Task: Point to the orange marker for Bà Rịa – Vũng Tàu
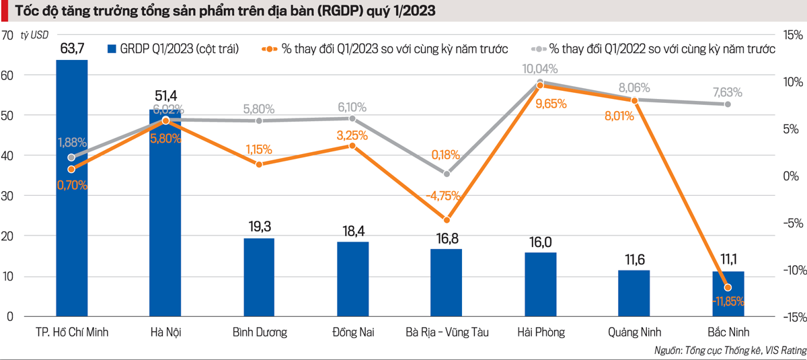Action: pos(447,219)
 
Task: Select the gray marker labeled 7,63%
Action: pos(728,104)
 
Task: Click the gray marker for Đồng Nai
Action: pos(352,118)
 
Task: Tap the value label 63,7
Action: pos(72,48)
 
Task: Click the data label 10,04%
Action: pos(541,69)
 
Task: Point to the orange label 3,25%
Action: pos(352,135)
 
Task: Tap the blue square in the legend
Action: pos(112,49)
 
